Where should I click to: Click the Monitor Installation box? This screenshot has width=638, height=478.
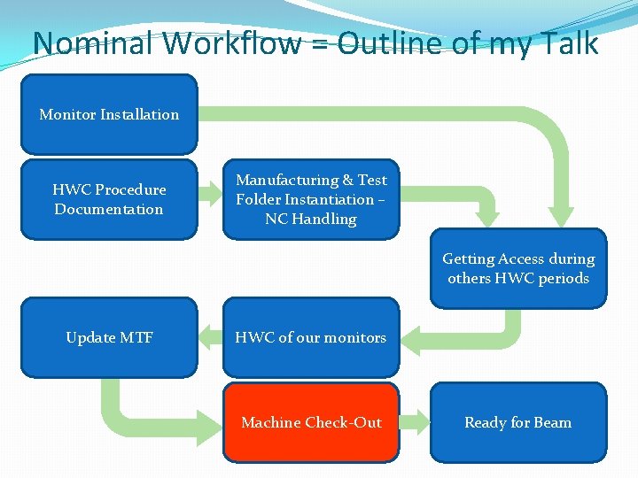pos(109,114)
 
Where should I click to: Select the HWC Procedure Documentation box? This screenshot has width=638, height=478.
pos(109,199)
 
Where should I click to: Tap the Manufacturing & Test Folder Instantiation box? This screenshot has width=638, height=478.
pos(311,199)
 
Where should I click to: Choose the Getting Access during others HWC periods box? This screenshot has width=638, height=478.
pos(518,268)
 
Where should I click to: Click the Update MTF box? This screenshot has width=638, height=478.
pos(109,337)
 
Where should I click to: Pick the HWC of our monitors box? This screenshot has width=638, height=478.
pos(311,337)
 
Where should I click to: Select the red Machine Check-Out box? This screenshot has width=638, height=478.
pos(311,422)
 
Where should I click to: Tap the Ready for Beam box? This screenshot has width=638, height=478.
pos(518,422)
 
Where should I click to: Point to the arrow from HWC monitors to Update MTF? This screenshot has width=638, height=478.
pos(210,336)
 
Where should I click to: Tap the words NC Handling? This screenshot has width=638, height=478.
pos(311,219)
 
